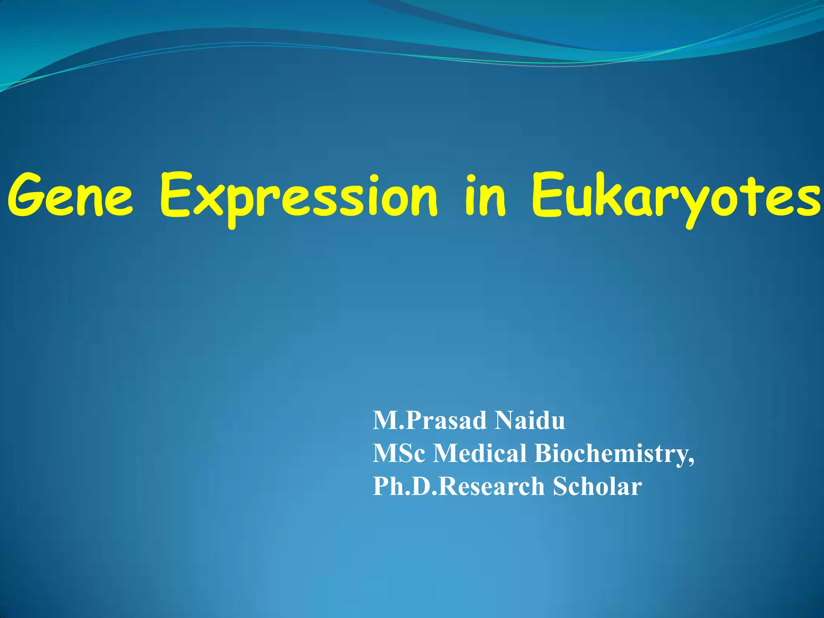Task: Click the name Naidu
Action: [x=530, y=420]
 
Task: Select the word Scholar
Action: [x=597, y=486]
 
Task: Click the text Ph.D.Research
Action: [x=459, y=486]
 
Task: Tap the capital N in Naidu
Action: [x=505, y=420]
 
